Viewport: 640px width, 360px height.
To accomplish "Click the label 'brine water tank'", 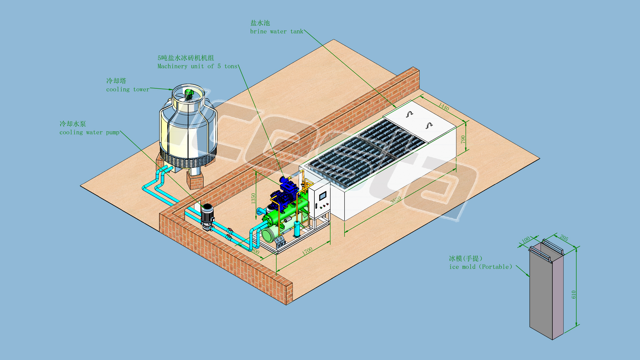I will click(277, 32).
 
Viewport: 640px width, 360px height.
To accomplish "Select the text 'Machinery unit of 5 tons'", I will click(197, 66).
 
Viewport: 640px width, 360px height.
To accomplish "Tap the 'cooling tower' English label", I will click(128, 89).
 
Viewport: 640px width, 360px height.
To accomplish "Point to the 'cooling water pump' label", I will click(89, 132).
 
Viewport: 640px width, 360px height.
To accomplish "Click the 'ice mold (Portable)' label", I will click(480, 267).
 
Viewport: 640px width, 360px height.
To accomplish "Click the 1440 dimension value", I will click(444, 106).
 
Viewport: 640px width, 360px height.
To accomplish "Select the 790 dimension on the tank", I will click(463, 139).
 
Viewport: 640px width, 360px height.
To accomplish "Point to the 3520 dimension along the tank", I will click(396, 200).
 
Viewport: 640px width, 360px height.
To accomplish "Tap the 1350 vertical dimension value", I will click(253, 198).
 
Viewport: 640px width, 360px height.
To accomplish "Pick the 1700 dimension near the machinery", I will click(307, 251).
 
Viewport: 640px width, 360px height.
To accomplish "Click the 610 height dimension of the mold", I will click(574, 294).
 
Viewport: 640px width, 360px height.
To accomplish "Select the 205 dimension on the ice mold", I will click(564, 238).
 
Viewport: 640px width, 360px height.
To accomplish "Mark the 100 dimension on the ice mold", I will click(526, 240).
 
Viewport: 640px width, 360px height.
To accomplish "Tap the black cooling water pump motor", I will click(207, 213).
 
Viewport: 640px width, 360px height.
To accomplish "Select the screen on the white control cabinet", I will click(322, 196).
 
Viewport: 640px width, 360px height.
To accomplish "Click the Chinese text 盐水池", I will click(260, 23).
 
